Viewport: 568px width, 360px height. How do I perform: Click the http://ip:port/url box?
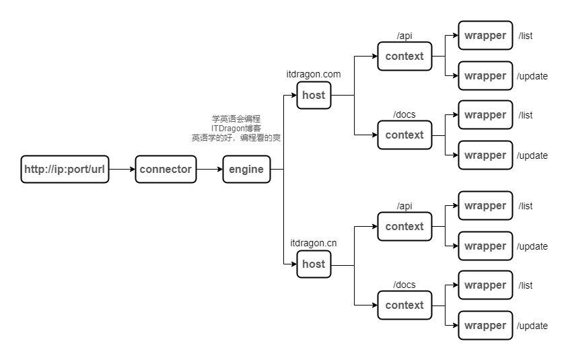click(65, 170)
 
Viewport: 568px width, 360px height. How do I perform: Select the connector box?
click(166, 170)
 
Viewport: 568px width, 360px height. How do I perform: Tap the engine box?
click(246, 170)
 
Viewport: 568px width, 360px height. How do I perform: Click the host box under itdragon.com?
click(314, 96)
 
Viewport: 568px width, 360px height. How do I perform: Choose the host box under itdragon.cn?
click(314, 264)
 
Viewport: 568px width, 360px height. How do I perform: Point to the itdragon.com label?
click(314, 74)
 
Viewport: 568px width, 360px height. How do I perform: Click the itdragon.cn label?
click(314, 243)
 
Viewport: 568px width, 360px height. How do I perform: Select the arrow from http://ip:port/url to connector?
click(122, 170)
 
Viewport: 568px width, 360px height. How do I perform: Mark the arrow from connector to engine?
click(209, 170)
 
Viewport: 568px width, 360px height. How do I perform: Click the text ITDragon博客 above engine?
click(236, 128)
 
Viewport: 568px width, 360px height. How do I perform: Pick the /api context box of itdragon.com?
click(404, 57)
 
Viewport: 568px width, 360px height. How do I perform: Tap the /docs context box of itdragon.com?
click(404, 135)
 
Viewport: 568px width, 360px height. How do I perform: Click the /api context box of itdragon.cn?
click(404, 227)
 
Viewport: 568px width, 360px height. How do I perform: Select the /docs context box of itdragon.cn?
click(404, 305)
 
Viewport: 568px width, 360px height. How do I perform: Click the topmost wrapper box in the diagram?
click(485, 36)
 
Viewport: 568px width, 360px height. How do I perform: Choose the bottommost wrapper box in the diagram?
click(485, 326)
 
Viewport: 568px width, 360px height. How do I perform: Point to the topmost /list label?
click(526, 36)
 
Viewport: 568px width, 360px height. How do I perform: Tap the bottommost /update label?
click(532, 326)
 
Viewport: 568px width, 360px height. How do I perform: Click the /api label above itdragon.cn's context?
click(404, 206)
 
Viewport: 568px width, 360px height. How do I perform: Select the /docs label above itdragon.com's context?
click(404, 114)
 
